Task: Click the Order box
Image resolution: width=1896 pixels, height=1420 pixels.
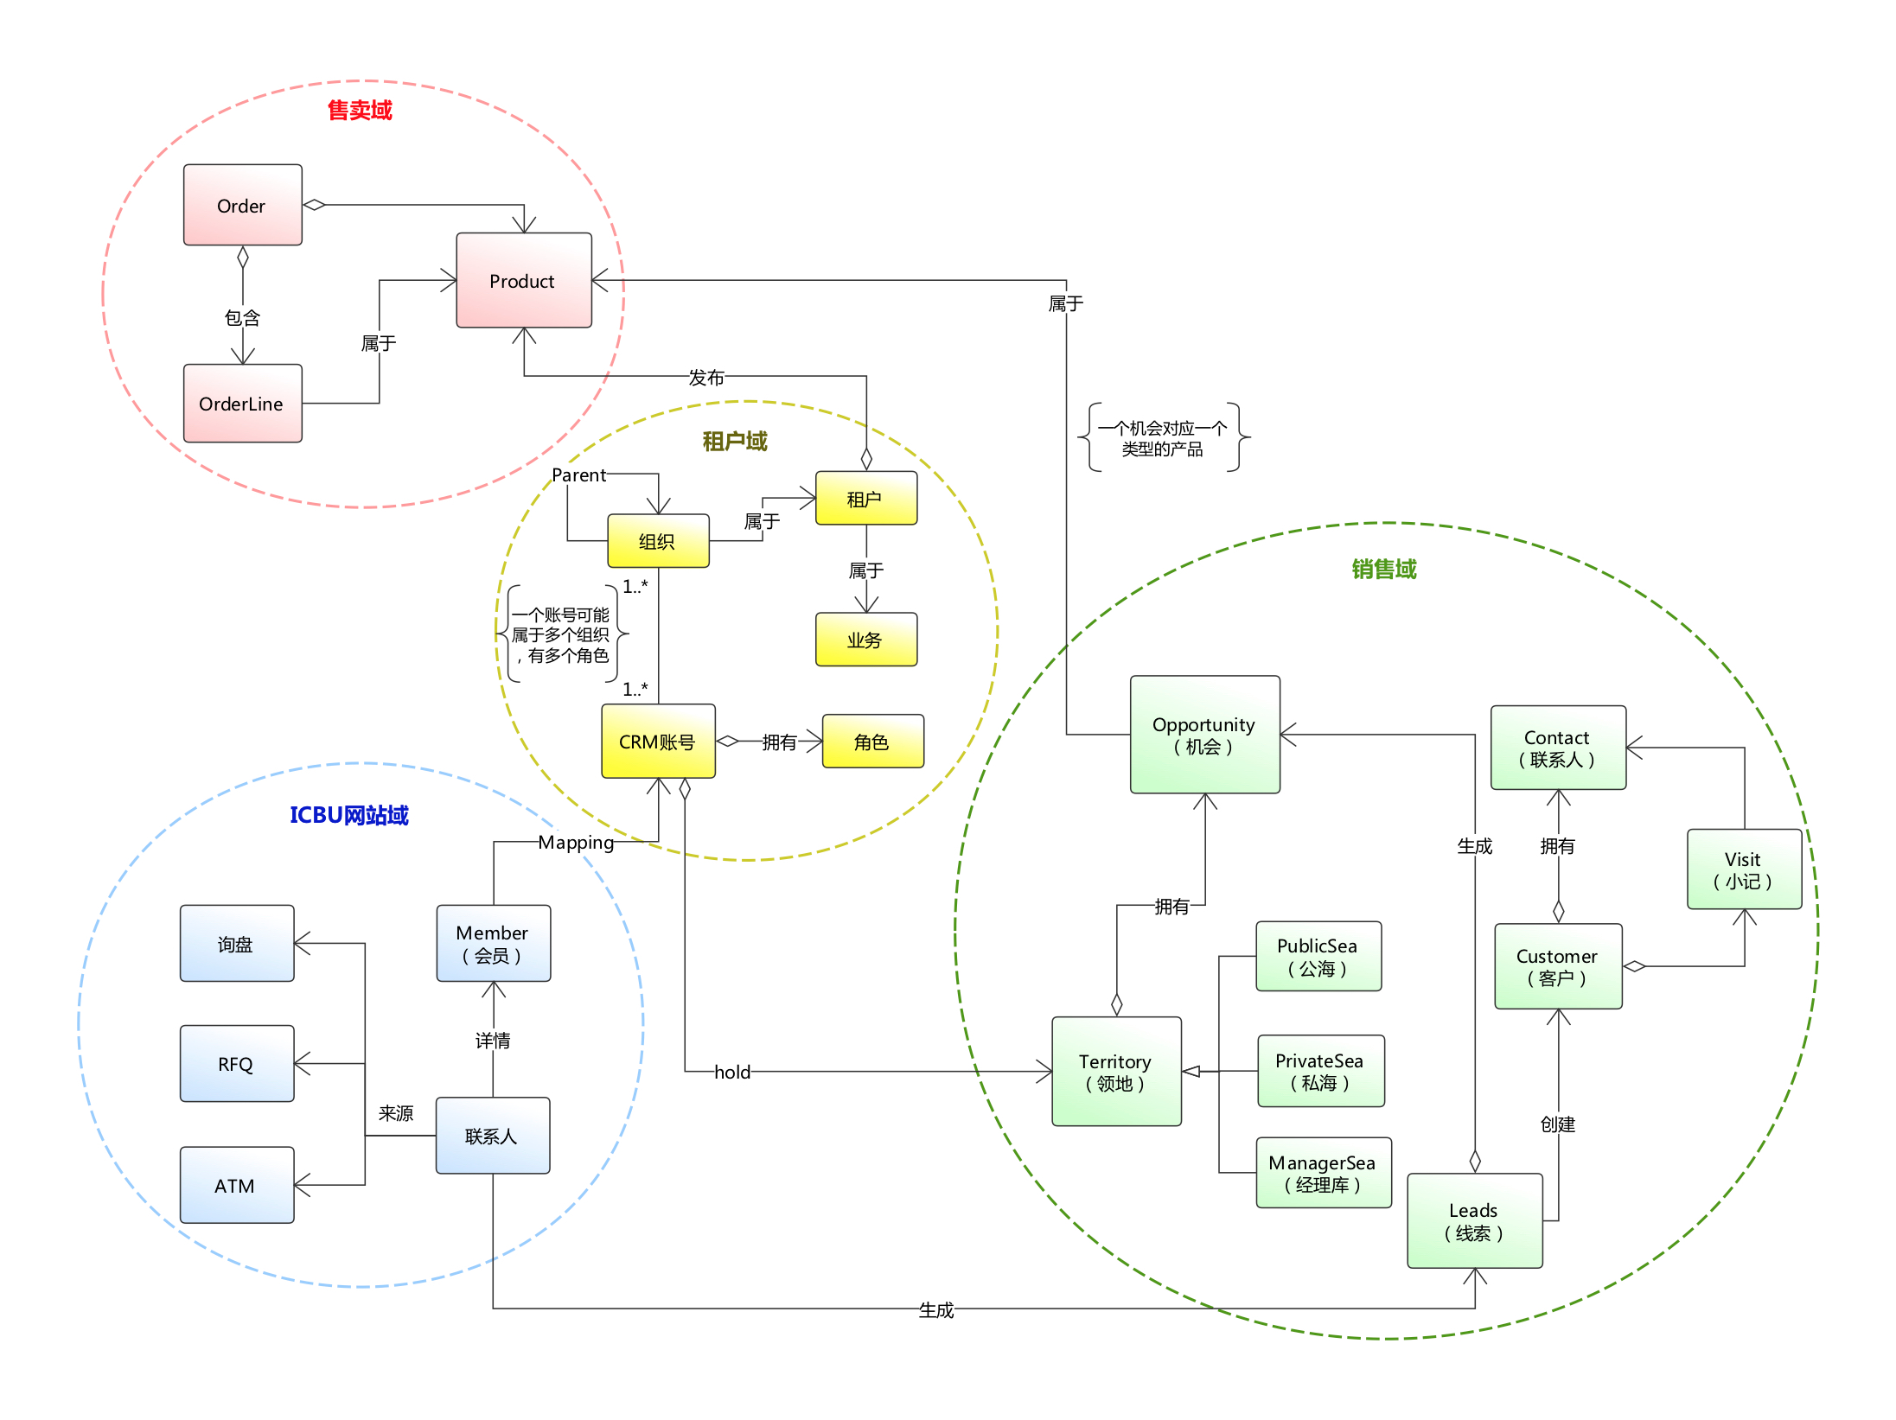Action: click(242, 205)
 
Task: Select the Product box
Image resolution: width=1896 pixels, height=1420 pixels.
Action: click(523, 280)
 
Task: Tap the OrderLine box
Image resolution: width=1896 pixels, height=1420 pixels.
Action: click(242, 404)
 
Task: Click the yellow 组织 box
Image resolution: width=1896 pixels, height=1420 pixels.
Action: click(657, 541)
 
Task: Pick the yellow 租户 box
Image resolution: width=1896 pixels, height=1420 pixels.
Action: click(865, 498)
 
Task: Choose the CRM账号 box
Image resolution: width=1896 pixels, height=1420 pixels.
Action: click(658, 742)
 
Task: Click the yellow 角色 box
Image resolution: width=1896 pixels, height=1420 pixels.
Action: click(871, 742)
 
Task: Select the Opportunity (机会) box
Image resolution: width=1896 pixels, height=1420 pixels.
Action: click(1204, 735)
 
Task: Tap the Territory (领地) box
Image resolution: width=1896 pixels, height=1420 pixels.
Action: click(1116, 1072)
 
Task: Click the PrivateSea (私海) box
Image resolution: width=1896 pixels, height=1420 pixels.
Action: click(1320, 1071)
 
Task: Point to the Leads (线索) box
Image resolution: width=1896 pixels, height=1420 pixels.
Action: click(1474, 1220)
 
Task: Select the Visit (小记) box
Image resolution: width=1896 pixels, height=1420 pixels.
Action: click(1744, 869)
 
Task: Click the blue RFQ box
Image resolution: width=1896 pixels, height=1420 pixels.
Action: click(236, 1064)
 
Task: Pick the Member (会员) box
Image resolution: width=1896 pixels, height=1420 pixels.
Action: click(493, 943)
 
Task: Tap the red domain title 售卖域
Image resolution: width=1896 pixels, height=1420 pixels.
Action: click(360, 111)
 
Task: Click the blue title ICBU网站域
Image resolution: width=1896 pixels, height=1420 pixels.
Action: click(348, 815)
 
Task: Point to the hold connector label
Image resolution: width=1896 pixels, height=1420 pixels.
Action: click(732, 1073)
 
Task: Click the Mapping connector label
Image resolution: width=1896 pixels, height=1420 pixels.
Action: click(576, 843)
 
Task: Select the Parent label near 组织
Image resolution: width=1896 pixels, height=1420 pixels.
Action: click(578, 475)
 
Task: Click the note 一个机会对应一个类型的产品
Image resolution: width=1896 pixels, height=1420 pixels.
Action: click(1163, 438)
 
